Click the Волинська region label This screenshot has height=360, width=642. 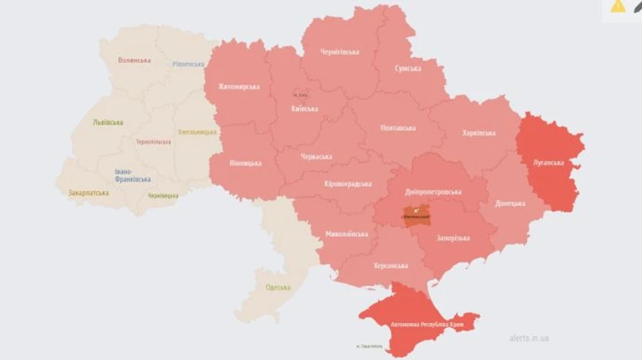[134, 60]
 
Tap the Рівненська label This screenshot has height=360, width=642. [188, 64]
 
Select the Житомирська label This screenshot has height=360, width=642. [239, 87]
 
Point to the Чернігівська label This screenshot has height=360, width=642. [340, 52]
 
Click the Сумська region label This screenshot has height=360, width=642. [407, 68]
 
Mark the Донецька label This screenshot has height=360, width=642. [511, 203]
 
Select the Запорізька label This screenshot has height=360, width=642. [454, 238]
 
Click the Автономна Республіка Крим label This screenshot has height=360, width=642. [427, 324]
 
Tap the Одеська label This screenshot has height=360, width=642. [277, 287]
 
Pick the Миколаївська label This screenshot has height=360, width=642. [347, 234]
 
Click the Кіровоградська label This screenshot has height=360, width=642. [348, 184]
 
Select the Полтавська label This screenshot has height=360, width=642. [398, 128]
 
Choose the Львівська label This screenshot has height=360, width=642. [108, 122]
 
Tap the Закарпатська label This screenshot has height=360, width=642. [88, 193]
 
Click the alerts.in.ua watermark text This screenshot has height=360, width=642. [529, 338]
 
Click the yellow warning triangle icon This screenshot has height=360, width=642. [618, 6]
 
